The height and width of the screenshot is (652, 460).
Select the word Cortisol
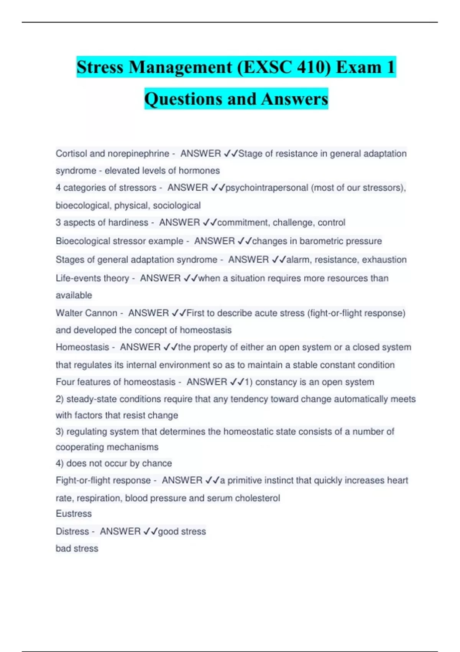pyautogui.click(x=71, y=153)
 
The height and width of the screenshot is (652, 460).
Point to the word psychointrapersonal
pyautogui.click(x=267, y=188)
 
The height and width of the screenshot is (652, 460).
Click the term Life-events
pyautogui.click(x=92, y=278)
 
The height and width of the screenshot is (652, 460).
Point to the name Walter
pyautogui.click(x=71, y=313)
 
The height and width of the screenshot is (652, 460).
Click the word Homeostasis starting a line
pyautogui.click(x=82, y=347)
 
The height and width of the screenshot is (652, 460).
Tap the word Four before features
pyautogui.click(x=65, y=382)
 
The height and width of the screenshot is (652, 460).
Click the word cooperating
pyautogui.click(x=80, y=447)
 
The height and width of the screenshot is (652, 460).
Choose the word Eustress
pyautogui.click(x=74, y=514)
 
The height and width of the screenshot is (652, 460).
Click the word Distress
pyautogui.click(x=72, y=531)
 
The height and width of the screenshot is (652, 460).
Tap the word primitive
pyautogui.click(x=250, y=480)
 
